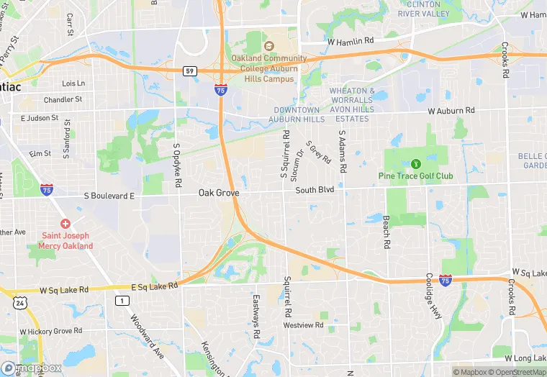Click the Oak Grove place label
219,193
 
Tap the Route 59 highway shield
189,71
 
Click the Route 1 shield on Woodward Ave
124,299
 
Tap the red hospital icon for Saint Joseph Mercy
65,224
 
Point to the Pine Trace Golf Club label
415,176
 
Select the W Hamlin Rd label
351,41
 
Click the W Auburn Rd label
451,111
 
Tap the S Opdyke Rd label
176,166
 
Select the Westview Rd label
304,325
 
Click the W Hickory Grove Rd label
51,331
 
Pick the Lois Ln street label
73,83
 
